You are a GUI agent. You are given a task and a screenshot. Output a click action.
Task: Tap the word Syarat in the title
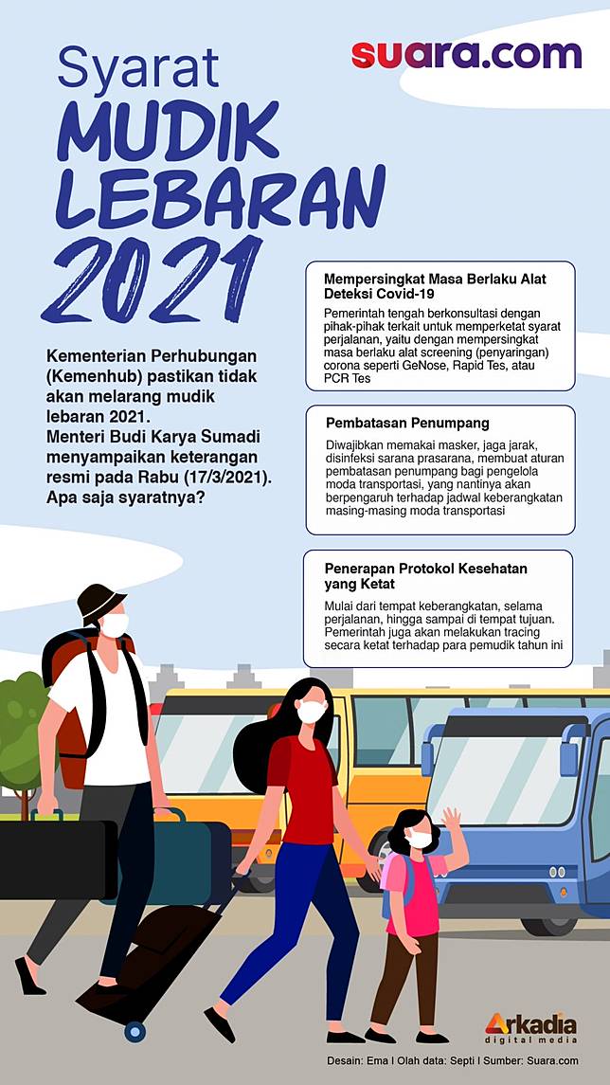pos(137,68)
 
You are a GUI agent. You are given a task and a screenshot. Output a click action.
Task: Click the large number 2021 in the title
pos(152,281)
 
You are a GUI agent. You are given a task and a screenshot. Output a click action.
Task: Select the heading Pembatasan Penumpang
pos(406,423)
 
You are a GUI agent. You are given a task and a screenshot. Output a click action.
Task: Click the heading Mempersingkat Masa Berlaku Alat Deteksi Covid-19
pos(435,286)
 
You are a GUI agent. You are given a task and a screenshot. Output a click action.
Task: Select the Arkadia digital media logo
pos(530,1027)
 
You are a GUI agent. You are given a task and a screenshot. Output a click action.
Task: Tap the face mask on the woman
pos(312,711)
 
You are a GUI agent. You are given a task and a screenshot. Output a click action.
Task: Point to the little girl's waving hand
pos(452,817)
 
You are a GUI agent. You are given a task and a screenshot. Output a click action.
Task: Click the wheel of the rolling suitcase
pos(135,1031)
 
